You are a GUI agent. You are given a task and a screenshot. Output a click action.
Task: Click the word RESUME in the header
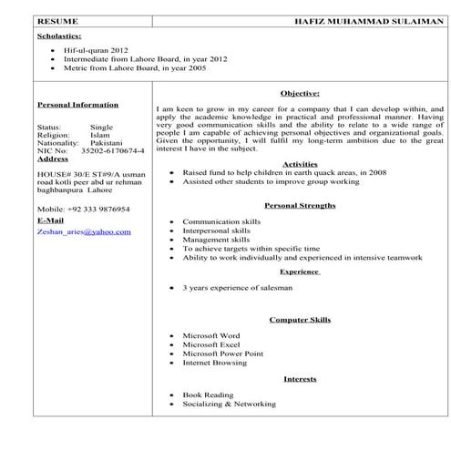pos(59,20)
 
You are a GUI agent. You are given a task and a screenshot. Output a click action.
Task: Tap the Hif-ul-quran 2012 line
pos(96,51)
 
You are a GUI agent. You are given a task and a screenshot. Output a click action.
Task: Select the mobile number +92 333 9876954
pos(90,208)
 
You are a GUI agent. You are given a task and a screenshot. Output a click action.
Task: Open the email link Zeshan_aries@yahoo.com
pos(84,231)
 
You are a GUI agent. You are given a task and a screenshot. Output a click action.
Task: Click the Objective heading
pos(300,93)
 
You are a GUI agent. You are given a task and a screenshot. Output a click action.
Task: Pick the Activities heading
pos(300,163)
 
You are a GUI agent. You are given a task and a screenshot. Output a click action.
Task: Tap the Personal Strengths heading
pos(300,206)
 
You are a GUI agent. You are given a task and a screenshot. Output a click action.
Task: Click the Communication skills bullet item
pos(221,221)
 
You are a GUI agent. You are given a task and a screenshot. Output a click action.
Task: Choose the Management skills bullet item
pos(219,240)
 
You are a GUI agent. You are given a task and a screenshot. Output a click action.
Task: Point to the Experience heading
pos(300,272)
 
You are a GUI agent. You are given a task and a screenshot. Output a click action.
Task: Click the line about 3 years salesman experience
pos(238,287)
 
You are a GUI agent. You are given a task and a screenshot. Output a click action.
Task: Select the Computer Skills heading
pos(300,320)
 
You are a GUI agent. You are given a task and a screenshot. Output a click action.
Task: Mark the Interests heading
pos(300,378)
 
